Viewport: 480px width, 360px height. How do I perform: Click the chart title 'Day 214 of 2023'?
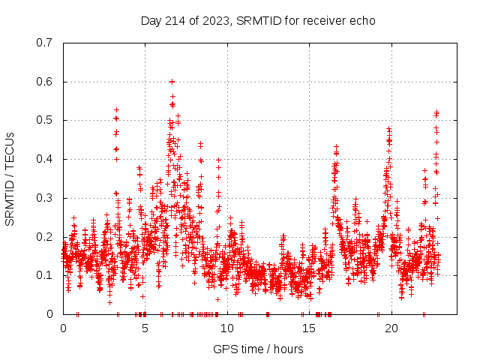pyautogui.click(x=186, y=20)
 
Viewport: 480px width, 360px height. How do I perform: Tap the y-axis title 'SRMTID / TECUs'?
pyautogui.click(x=10, y=178)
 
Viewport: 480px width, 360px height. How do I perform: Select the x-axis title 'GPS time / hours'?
pyautogui.click(x=257, y=349)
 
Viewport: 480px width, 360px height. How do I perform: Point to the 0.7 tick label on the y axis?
pyautogui.click(x=45, y=43)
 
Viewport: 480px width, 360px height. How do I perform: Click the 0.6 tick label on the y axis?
pyautogui.click(x=45, y=82)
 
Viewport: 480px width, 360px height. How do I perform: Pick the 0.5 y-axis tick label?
pyautogui.click(x=45, y=120)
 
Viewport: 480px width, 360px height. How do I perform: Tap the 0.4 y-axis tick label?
pyautogui.click(x=45, y=159)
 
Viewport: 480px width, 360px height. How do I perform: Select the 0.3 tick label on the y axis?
pyautogui.click(x=45, y=198)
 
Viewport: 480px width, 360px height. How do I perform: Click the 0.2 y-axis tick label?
pyautogui.click(x=45, y=237)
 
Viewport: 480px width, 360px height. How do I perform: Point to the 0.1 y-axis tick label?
pyautogui.click(x=45, y=275)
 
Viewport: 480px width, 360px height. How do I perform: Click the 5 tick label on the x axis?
pyautogui.click(x=145, y=328)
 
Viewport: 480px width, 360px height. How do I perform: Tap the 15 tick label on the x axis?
pyautogui.click(x=309, y=328)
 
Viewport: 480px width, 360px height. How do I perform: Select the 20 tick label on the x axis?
pyautogui.click(x=391, y=328)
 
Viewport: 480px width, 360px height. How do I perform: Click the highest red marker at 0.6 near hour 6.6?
pyautogui.click(x=172, y=82)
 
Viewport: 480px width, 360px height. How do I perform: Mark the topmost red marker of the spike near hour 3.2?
pyautogui.click(x=116, y=109)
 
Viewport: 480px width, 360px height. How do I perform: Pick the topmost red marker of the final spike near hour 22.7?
pyautogui.click(x=436, y=112)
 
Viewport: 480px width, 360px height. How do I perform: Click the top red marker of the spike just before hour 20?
pyautogui.click(x=388, y=128)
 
